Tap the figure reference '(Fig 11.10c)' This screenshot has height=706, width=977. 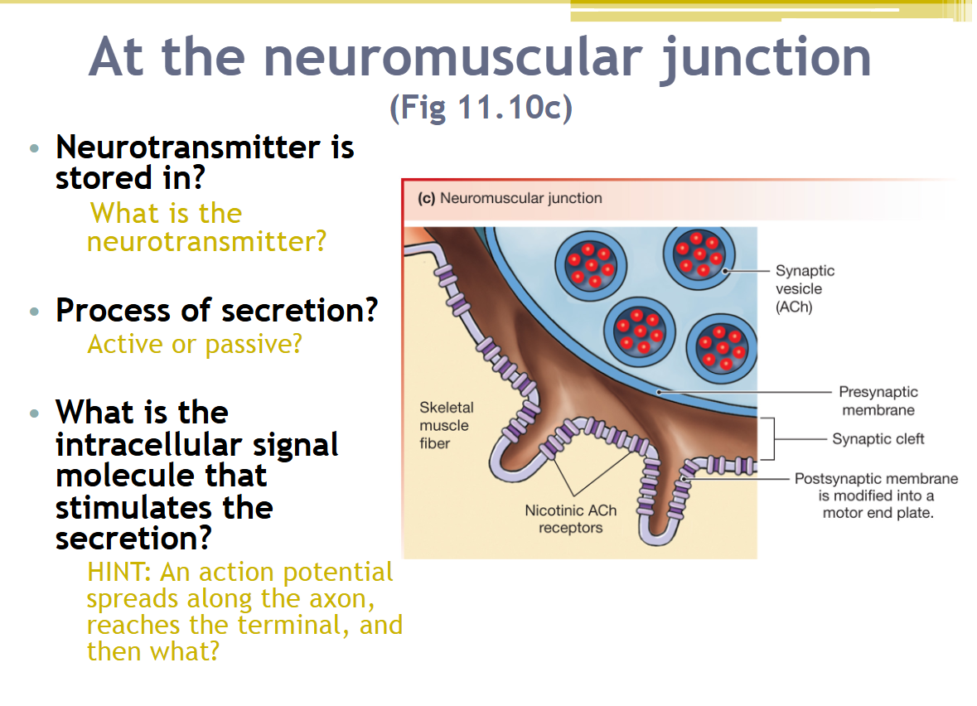pos(481,109)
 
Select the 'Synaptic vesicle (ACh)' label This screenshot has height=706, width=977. pos(805,289)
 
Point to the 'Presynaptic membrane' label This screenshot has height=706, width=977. pos(878,401)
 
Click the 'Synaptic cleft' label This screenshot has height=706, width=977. pos(878,439)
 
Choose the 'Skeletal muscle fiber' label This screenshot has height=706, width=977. pos(446,425)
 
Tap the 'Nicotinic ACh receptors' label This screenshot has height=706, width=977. pos(570,520)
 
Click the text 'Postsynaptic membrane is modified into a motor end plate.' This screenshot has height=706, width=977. pos(876,496)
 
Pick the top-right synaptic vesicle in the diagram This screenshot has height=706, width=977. pos(699,254)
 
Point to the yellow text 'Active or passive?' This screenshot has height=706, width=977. pos(195,343)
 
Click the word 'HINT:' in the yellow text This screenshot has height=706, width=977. pos(119,572)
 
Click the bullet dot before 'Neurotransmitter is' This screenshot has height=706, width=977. pos(34,149)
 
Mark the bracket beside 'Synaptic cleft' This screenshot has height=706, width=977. pos(770,438)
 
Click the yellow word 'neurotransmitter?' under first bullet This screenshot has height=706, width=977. pos(206,242)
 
